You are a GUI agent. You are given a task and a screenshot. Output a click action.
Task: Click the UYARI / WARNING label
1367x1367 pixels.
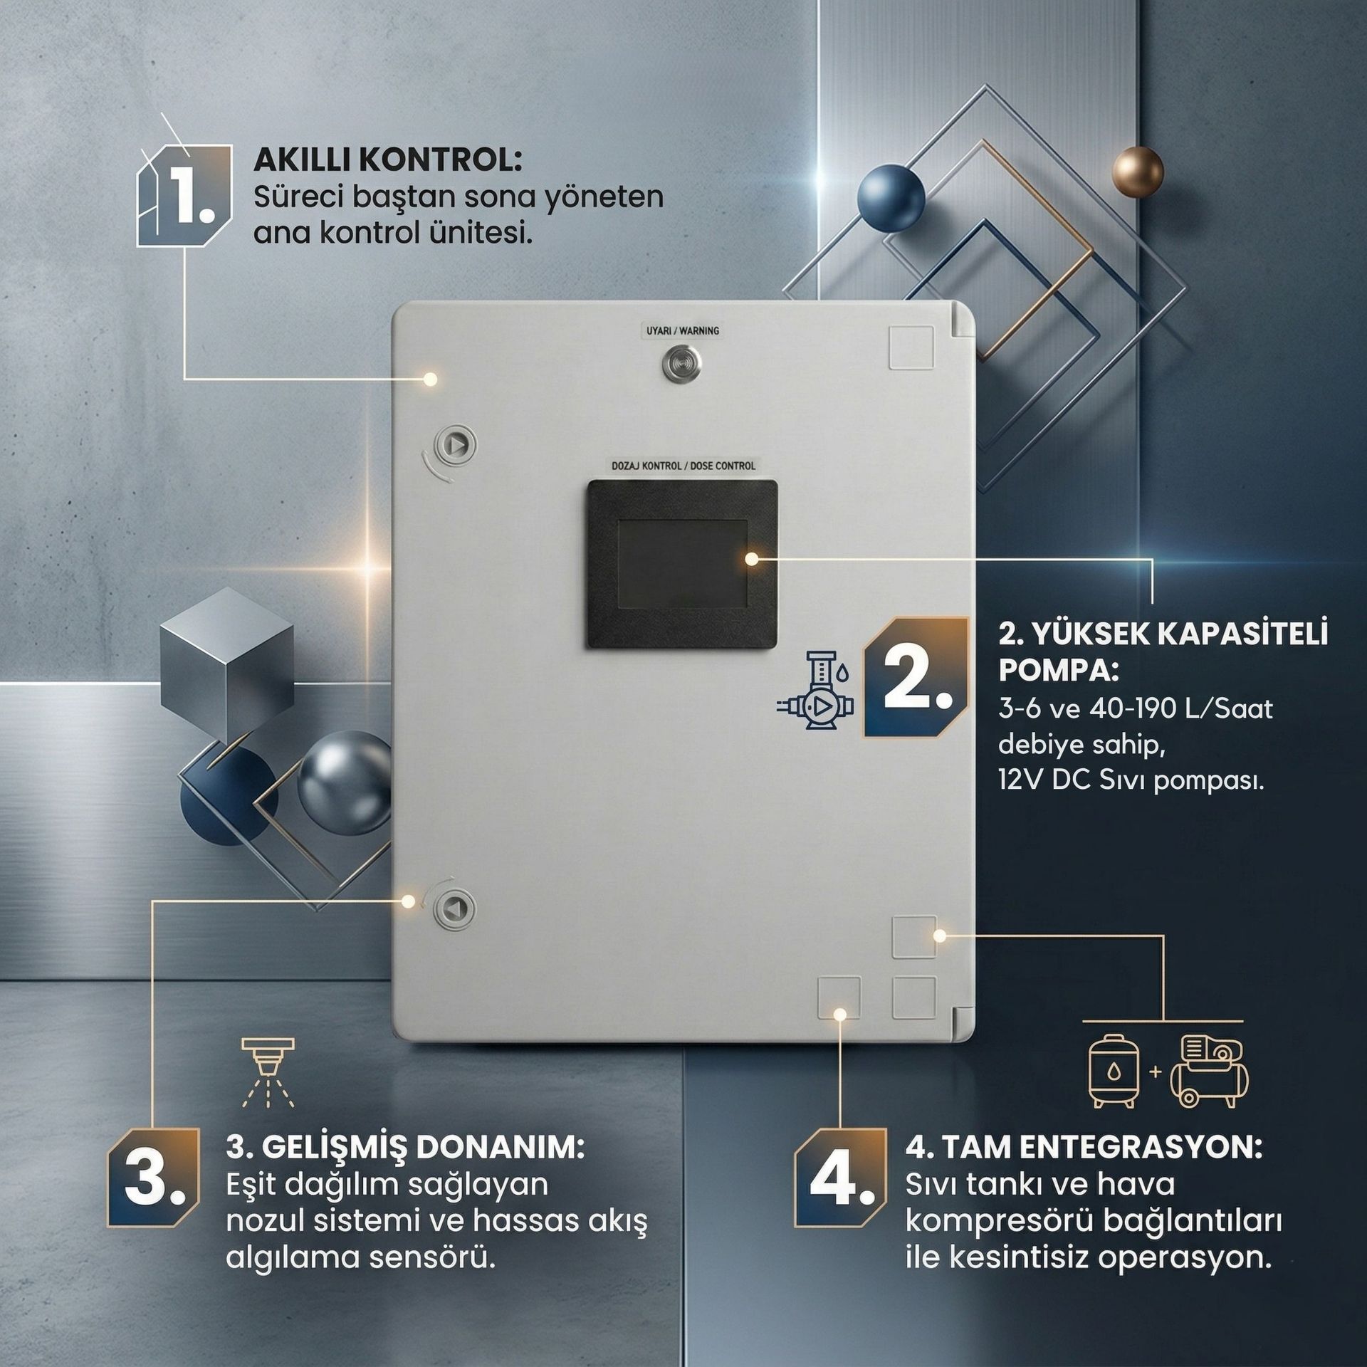pyautogui.click(x=682, y=331)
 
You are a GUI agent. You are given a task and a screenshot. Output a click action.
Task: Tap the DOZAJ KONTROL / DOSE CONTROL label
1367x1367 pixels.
pyautogui.click(x=683, y=466)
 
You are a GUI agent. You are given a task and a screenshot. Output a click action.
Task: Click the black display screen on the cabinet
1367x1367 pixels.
pyautogui.click(x=681, y=564)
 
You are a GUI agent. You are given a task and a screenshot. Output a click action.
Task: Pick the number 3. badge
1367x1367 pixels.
pyautogui.click(x=154, y=1177)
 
